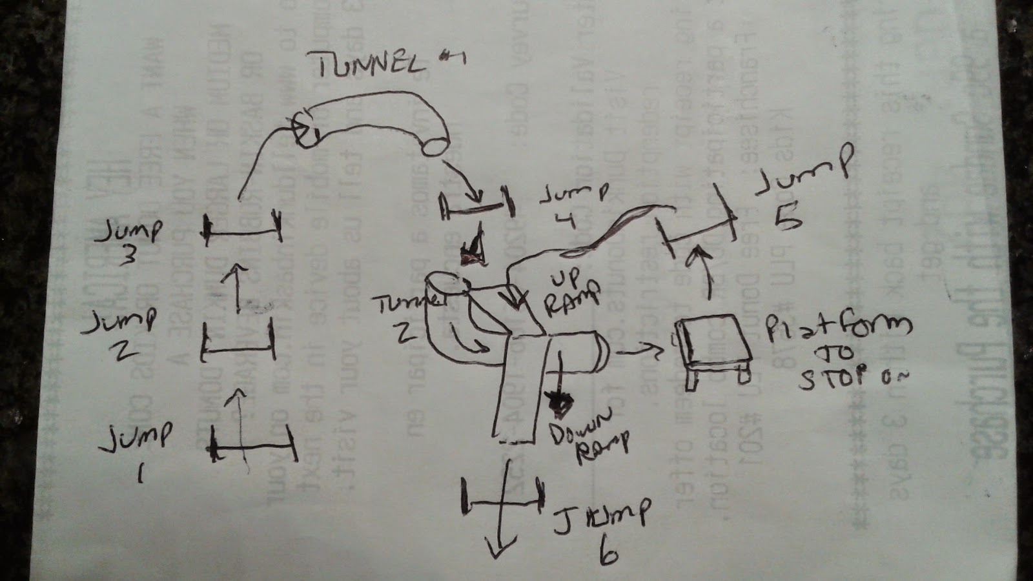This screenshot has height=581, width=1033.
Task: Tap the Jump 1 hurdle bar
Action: [254, 447]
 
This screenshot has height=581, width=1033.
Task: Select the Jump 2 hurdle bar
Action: [238, 349]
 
